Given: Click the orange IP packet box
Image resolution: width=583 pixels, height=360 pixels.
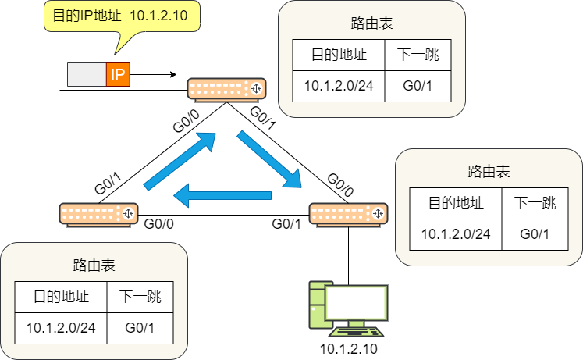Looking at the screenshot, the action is [118, 75].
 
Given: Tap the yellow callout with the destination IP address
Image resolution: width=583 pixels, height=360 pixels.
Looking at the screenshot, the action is [122, 16].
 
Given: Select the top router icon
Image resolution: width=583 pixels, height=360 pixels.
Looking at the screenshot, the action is [226, 90].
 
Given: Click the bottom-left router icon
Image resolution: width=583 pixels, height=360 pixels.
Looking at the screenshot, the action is [99, 215].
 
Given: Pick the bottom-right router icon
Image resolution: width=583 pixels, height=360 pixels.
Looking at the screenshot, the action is [348, 215].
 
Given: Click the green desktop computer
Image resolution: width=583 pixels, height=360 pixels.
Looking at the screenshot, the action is [348, 308].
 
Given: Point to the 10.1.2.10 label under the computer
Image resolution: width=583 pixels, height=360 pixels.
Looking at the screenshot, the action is [348, 349].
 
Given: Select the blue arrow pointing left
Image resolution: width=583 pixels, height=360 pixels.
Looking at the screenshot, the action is [222, 196].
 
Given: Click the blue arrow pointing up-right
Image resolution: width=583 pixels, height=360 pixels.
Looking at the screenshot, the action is [180, 161].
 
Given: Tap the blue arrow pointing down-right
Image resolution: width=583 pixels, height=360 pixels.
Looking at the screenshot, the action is [269, 159].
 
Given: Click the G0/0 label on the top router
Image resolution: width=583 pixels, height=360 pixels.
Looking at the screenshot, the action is [186, 121].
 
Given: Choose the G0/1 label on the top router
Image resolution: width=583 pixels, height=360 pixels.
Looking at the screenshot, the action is [263, 118].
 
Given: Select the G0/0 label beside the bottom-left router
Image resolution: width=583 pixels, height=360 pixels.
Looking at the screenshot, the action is [158, 224].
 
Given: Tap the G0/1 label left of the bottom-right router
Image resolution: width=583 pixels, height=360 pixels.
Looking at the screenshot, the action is [286, 224].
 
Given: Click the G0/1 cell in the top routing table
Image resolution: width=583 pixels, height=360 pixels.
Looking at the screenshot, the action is [418, 86].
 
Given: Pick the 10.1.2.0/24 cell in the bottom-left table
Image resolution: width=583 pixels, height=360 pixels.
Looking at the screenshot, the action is [61, 328].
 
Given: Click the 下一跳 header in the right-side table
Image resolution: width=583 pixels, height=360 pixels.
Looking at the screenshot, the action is [535, 203].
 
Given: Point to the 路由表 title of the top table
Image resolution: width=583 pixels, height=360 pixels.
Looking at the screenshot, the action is [371, 23].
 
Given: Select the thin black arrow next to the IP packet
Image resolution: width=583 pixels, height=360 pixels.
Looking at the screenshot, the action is [153, 74].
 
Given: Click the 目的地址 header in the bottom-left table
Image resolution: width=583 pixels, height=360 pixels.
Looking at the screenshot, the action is [61, 297].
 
